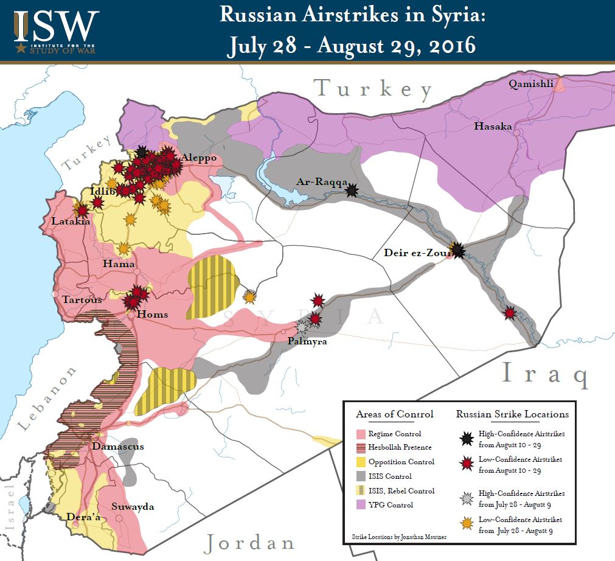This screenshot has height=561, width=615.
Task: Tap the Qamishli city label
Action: pyautogui.click(x=531, y=84)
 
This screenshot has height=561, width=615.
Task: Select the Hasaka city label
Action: pyautogui.click(x=493, y=127)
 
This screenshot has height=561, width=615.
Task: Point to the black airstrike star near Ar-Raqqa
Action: pyautogui.click(x=351, y=191)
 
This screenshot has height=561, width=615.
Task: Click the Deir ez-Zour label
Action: pyautogui.click(x=415, y=253)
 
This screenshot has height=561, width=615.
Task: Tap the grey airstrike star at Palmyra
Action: pyautogui.click(x=302, y=327)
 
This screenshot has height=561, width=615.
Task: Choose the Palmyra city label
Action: pyautogui.click(x=307, y=341)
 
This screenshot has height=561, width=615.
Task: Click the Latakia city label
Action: pyautogui.click(x=71, y=221)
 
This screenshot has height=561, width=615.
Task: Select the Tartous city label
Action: pyautogui.click(x=82, y=299)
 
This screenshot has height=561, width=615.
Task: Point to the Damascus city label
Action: pyautogui.click(x=118, y=446)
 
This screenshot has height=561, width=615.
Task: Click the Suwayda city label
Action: pyautogui.click(x=133, y=506)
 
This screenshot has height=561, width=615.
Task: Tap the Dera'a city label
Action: pyautogui.click(x=83, y=517)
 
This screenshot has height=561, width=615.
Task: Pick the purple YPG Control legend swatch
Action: pyautogui.click(x=360, y=505)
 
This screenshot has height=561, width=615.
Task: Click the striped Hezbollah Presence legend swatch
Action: pyautogui.click(x=360, y=448)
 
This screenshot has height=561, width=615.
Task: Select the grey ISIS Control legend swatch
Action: pyautogui.click(x=360, y=476)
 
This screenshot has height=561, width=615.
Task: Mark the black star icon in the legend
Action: pyautogui.click(x=466, y=438)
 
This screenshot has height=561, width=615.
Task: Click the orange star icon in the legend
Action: pyautogui.click(x=466, y=524)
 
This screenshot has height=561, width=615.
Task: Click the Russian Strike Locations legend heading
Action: pyautogui.click(x=512, y=414)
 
